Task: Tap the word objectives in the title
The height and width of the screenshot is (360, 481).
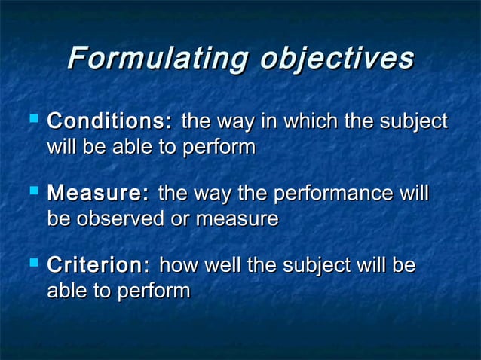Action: click(x=337, y=59)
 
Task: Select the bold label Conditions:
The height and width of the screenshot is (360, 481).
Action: click(x=110, y=121)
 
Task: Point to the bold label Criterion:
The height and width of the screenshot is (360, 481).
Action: click(x=99, y=265)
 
